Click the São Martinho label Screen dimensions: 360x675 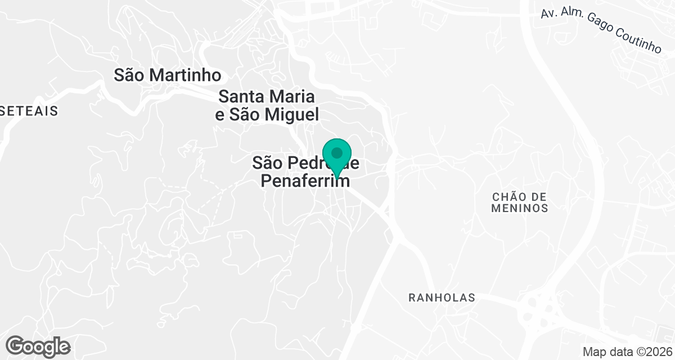tap(167, 75)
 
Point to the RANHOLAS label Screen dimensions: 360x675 tap(442, 297)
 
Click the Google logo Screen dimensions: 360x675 tap(38, 346)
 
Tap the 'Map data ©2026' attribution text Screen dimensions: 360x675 tap(627, 352)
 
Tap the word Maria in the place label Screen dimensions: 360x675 tap(294, 96)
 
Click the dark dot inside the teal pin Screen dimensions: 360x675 tap(337, 152)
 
